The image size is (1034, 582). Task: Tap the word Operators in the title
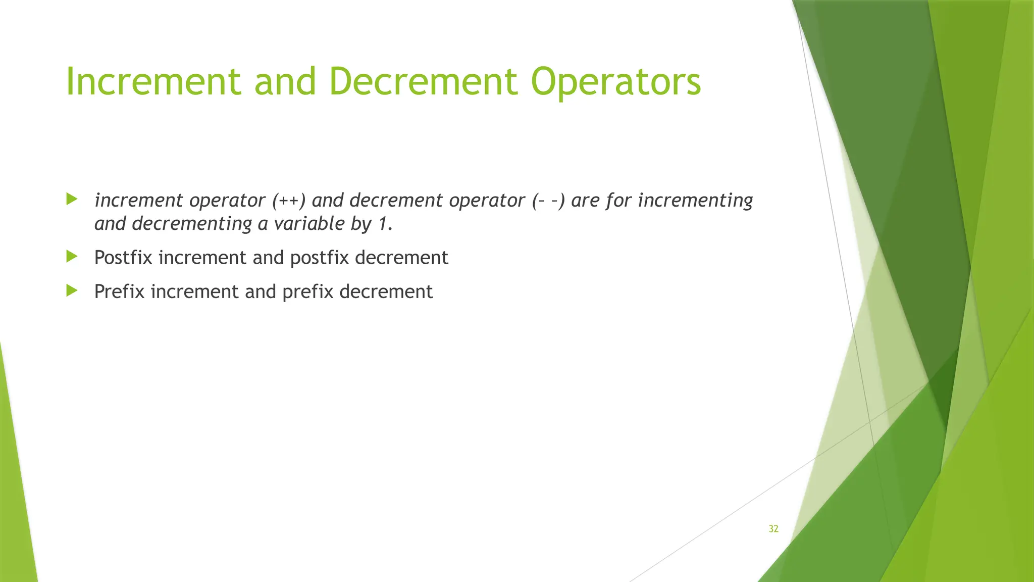click(616, 82)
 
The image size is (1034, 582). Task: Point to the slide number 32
click(773, 529)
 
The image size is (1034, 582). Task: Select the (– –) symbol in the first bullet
click(548, 201)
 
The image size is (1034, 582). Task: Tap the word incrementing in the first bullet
click(695, 201)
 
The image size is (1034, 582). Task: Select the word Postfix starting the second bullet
click(123, 258)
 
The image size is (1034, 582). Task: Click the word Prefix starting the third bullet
click(119, 292)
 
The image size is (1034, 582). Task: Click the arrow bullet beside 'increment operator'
click(72, 199)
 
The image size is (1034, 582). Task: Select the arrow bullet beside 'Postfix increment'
click(72, 257)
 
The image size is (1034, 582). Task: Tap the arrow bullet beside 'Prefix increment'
click(72, 290)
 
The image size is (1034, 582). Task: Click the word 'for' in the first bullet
click(619, 201)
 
